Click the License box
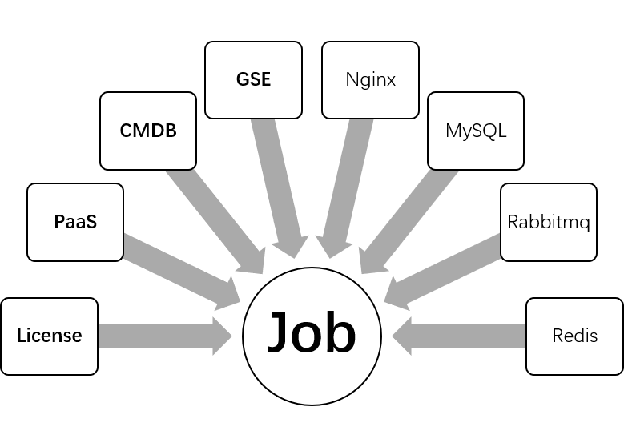[50, 336]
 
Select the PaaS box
[75, 222]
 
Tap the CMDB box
[148, 131]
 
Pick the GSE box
[253, 80]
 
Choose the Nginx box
[370, 80]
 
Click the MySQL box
[476, 131]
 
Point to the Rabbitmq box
[549, 222]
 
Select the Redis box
[574, 336]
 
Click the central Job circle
[312, 332]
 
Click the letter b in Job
[341, 330]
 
